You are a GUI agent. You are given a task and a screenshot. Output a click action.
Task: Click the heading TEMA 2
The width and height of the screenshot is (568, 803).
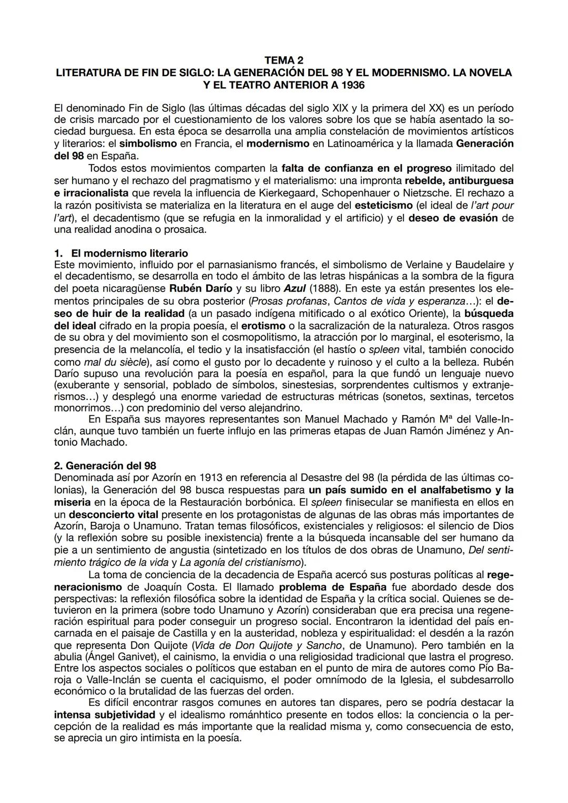click(x=283, y=61)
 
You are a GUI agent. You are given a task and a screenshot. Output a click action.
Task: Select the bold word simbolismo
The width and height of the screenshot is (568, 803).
click(x=148, y=143)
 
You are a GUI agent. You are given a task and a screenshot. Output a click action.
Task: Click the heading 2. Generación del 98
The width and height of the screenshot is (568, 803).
click(x=105, y=466)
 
